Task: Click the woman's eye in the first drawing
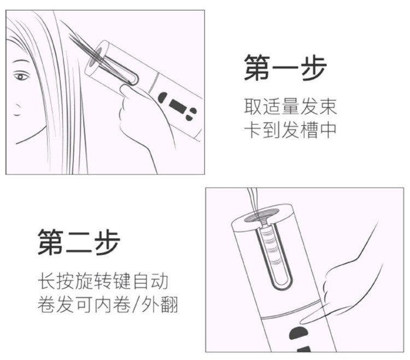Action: click(22, 76)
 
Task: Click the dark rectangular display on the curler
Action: click(177, 104)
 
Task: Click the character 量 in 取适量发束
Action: click(290, 106)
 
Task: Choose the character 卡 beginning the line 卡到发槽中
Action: click(253, 130)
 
